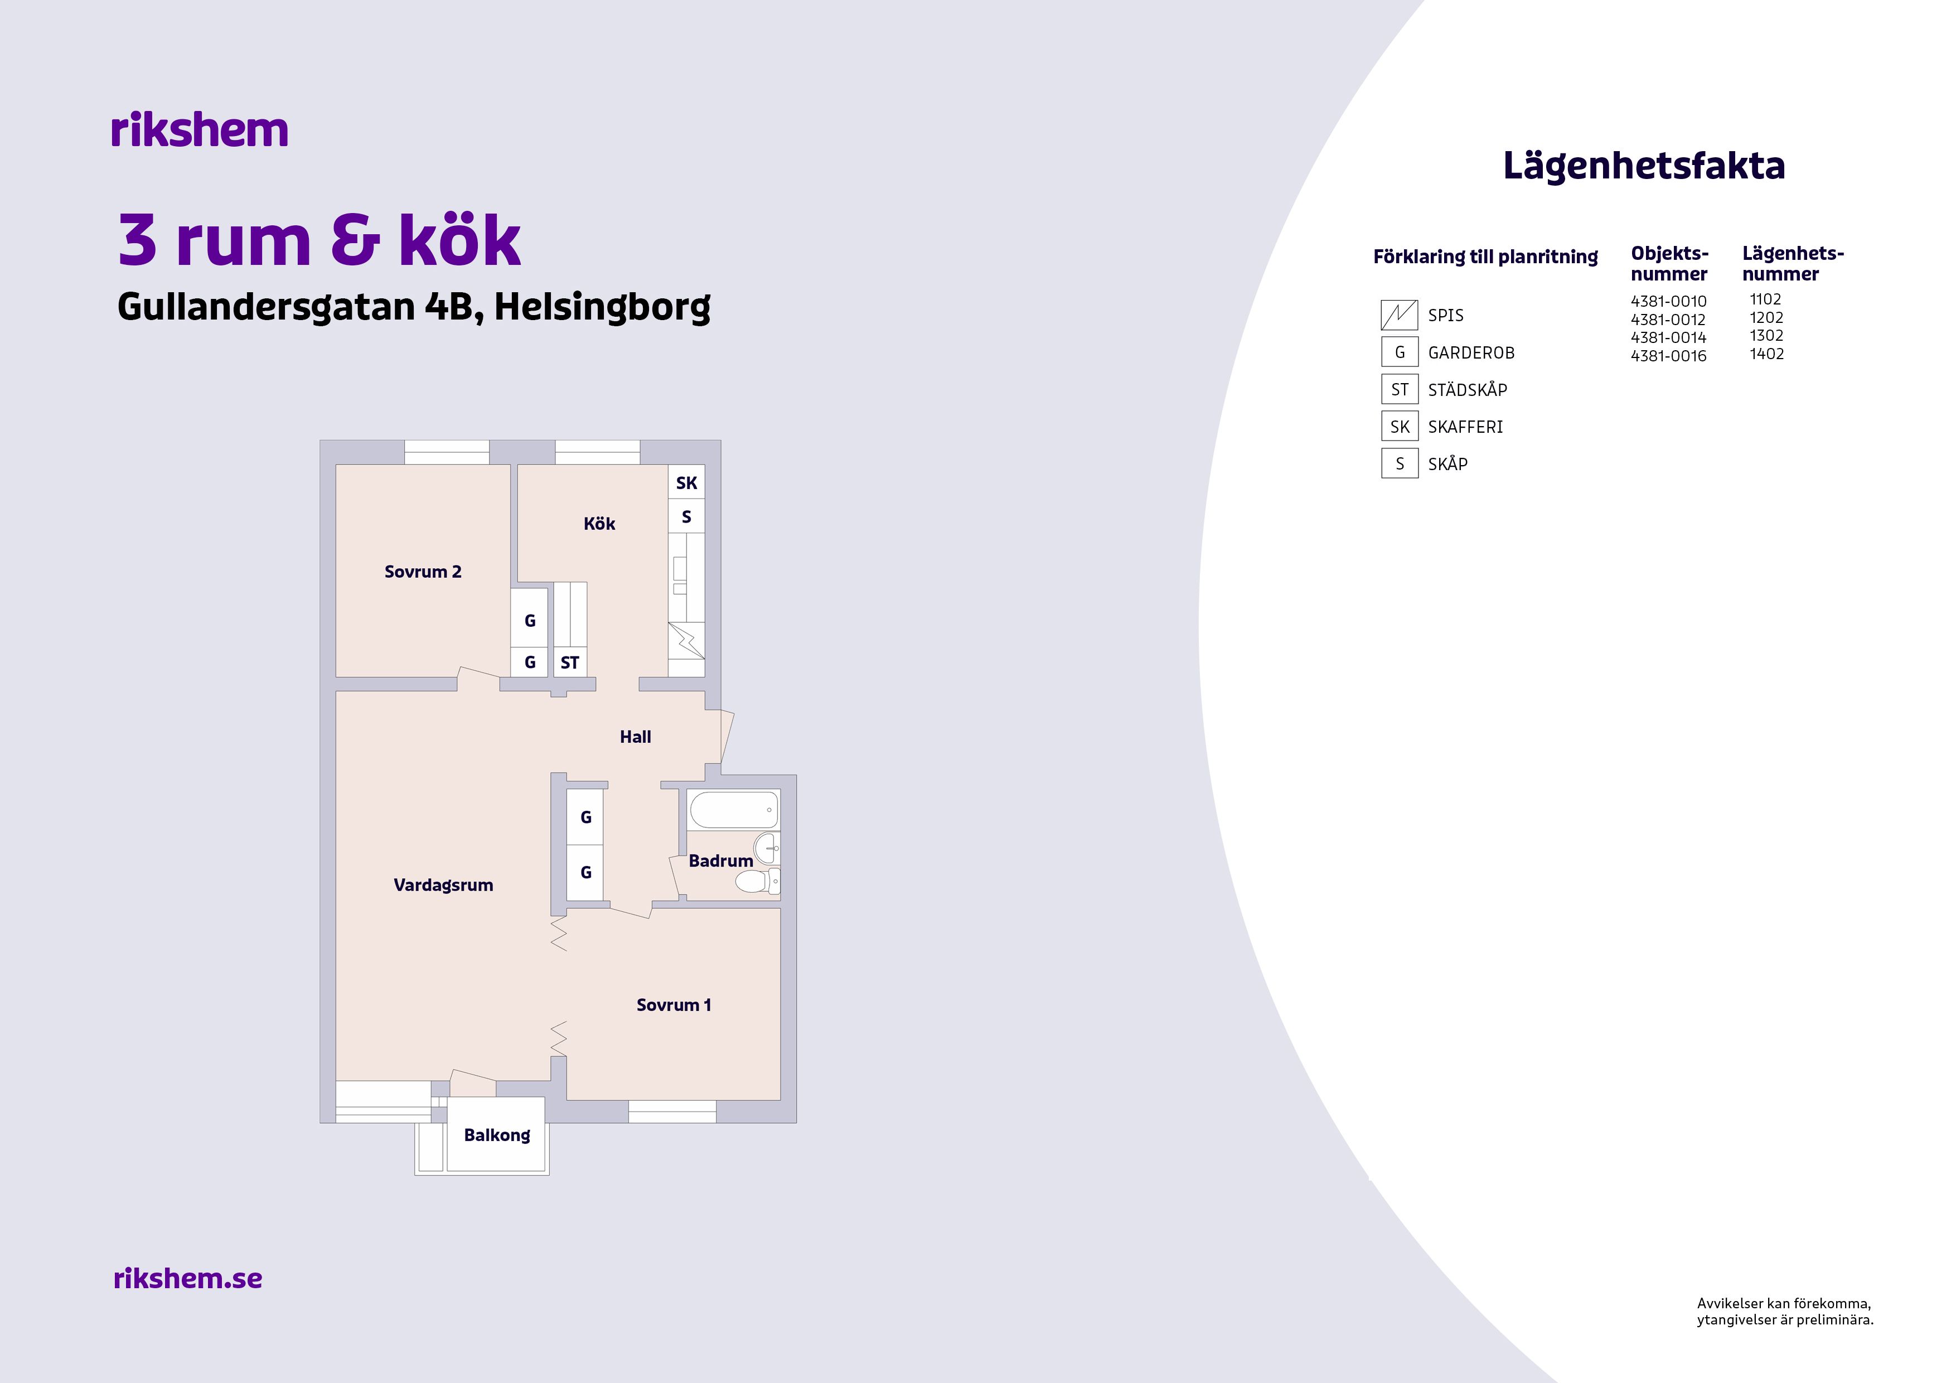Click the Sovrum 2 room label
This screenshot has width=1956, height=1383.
click(x=423, y=572)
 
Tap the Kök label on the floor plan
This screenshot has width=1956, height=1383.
click(x=599, y=523)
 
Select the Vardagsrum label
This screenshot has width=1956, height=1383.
click(x=443, y=886)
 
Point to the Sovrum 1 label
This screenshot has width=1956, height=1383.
click(x=673, y=1005)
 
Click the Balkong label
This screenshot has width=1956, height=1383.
click(x=497, y=1135)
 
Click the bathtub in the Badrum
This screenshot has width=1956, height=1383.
click(x=734, y=810)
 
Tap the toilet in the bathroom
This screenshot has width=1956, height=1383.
click(x=757, y=881)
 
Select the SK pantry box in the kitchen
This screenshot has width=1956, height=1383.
click(x=686, y=482)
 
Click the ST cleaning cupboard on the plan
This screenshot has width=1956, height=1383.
click(x=569, y=662)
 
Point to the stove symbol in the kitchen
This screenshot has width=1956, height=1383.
click(x=686, y=641)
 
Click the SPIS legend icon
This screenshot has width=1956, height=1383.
click(x=1399, y=315)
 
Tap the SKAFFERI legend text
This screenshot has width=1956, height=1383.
click(x=1465, y=427)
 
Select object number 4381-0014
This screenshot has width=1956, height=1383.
click(x=1668, y=337)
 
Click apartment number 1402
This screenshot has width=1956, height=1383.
click(x=1767, y=354)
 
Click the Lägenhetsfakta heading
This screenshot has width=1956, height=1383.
click(x=1643, y=166)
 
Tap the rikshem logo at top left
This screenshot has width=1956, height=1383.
click(x=200, y=130)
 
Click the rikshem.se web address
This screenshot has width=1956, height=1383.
click(x=187, y=1278)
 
